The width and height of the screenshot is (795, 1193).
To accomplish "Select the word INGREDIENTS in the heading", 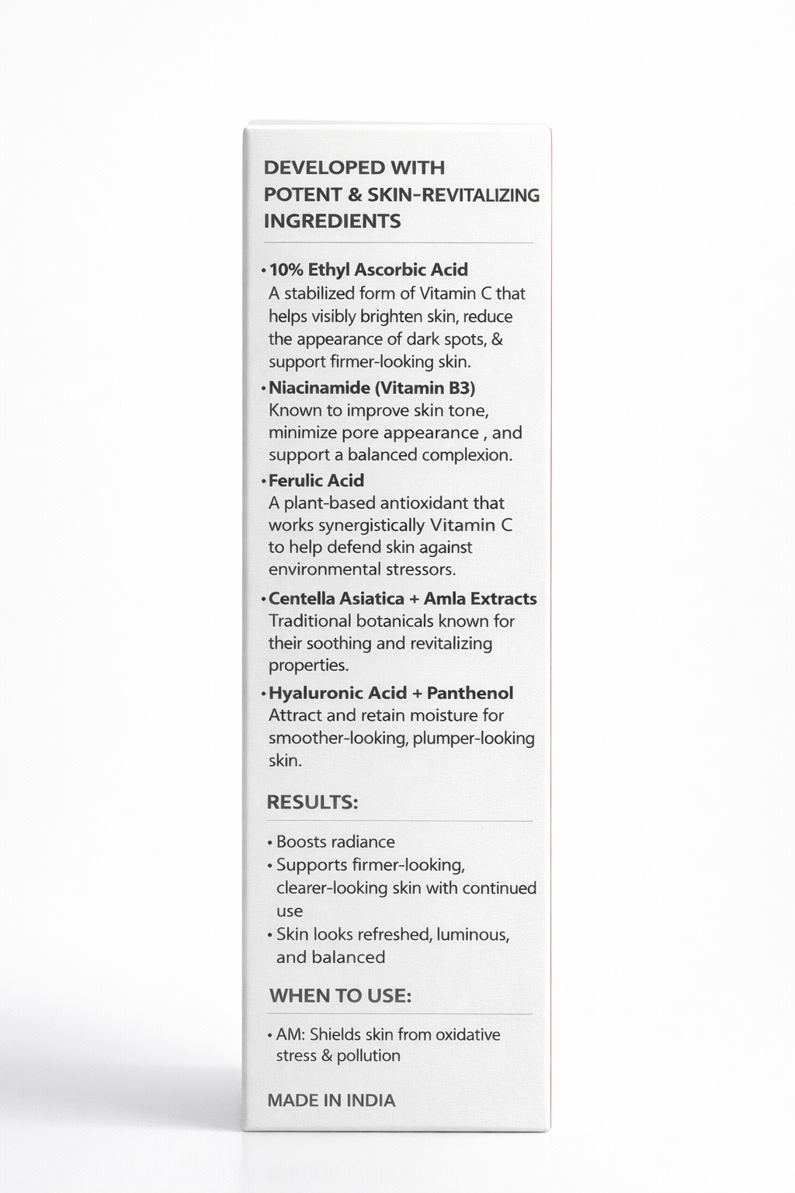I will [332, 221].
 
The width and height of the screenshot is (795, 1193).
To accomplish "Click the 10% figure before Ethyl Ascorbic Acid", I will [286, 270].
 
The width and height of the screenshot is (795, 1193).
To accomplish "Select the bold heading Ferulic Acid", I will [316, 480].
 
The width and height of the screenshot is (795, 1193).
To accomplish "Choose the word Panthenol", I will [470, 693].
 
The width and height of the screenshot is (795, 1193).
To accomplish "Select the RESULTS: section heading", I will [312, 802].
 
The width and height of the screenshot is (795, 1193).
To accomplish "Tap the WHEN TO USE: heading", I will [340, 996].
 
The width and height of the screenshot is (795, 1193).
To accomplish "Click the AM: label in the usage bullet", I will [290, 1035].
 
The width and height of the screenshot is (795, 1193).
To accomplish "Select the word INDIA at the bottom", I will [370, 1101].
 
